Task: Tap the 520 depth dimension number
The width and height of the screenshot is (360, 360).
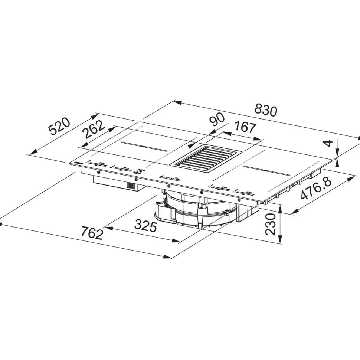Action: [59, 126]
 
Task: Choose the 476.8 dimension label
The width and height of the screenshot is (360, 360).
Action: [316, 189]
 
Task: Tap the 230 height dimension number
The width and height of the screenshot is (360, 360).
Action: [270, 224]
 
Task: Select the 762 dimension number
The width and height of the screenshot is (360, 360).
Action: [92, 233]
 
